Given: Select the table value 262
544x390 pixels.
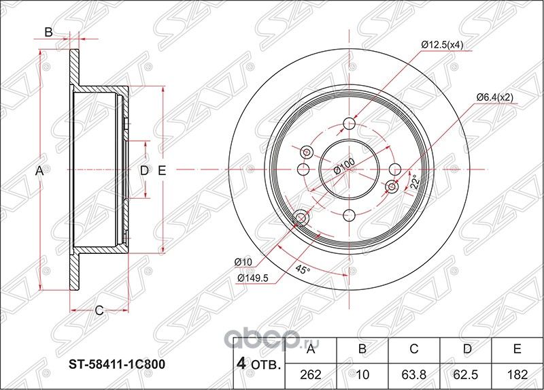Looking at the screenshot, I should pyautogui.click(x=311, y=373).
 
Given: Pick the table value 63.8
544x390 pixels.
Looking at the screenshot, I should pyautogui.click(x=414, y=373).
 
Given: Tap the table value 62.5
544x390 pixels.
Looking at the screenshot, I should pyautogui.click(x=466, y=373).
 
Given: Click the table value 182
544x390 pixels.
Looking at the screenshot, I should pyautogui.click(x=517, y=373).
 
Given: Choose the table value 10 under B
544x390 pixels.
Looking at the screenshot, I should pyautogui.click(x=362, y=373).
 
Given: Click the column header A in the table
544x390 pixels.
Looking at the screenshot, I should pyautogui.click(x=311, y=350).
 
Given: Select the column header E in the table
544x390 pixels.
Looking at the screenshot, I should pyautogui.click(x=517, y=350).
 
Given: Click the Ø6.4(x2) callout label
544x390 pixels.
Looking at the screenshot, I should pyautogui.click(x=494, y=97).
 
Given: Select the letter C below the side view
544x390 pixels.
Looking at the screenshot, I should pyautogui.click(x=98, y=311).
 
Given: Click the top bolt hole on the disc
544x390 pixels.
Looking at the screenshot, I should pyautogui.click(x=349, y=123).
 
